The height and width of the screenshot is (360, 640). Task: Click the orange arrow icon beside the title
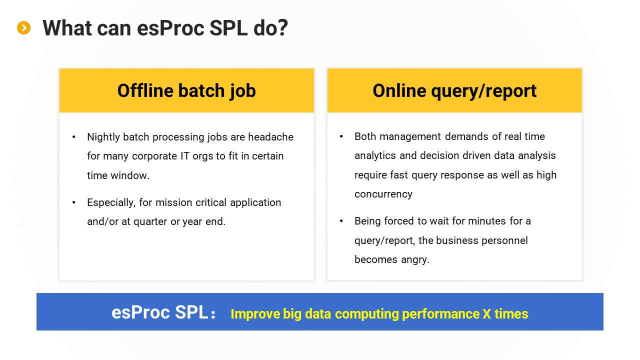pos(23,28)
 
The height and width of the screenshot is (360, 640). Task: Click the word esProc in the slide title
pos(171,28)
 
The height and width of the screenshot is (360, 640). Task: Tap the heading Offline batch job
pos(186,91)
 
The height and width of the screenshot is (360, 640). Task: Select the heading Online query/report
pos(454,91)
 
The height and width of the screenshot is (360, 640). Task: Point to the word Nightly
pos(103,137)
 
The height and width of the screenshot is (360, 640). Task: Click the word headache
pos(270,137)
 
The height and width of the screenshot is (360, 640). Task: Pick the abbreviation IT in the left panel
pos(185,156)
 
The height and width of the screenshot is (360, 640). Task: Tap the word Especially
pos(111,203)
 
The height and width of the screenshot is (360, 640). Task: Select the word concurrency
pos(383,194)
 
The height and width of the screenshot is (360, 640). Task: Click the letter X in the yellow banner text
pos(487,313)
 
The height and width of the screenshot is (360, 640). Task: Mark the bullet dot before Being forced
pos(341,221)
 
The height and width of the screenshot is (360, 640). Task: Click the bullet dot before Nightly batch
pos(73,137)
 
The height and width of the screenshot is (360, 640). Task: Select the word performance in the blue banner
pos(441,314)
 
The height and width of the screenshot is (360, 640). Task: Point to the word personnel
pos(504,240)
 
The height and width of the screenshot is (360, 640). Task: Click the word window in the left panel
pos(130,175)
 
